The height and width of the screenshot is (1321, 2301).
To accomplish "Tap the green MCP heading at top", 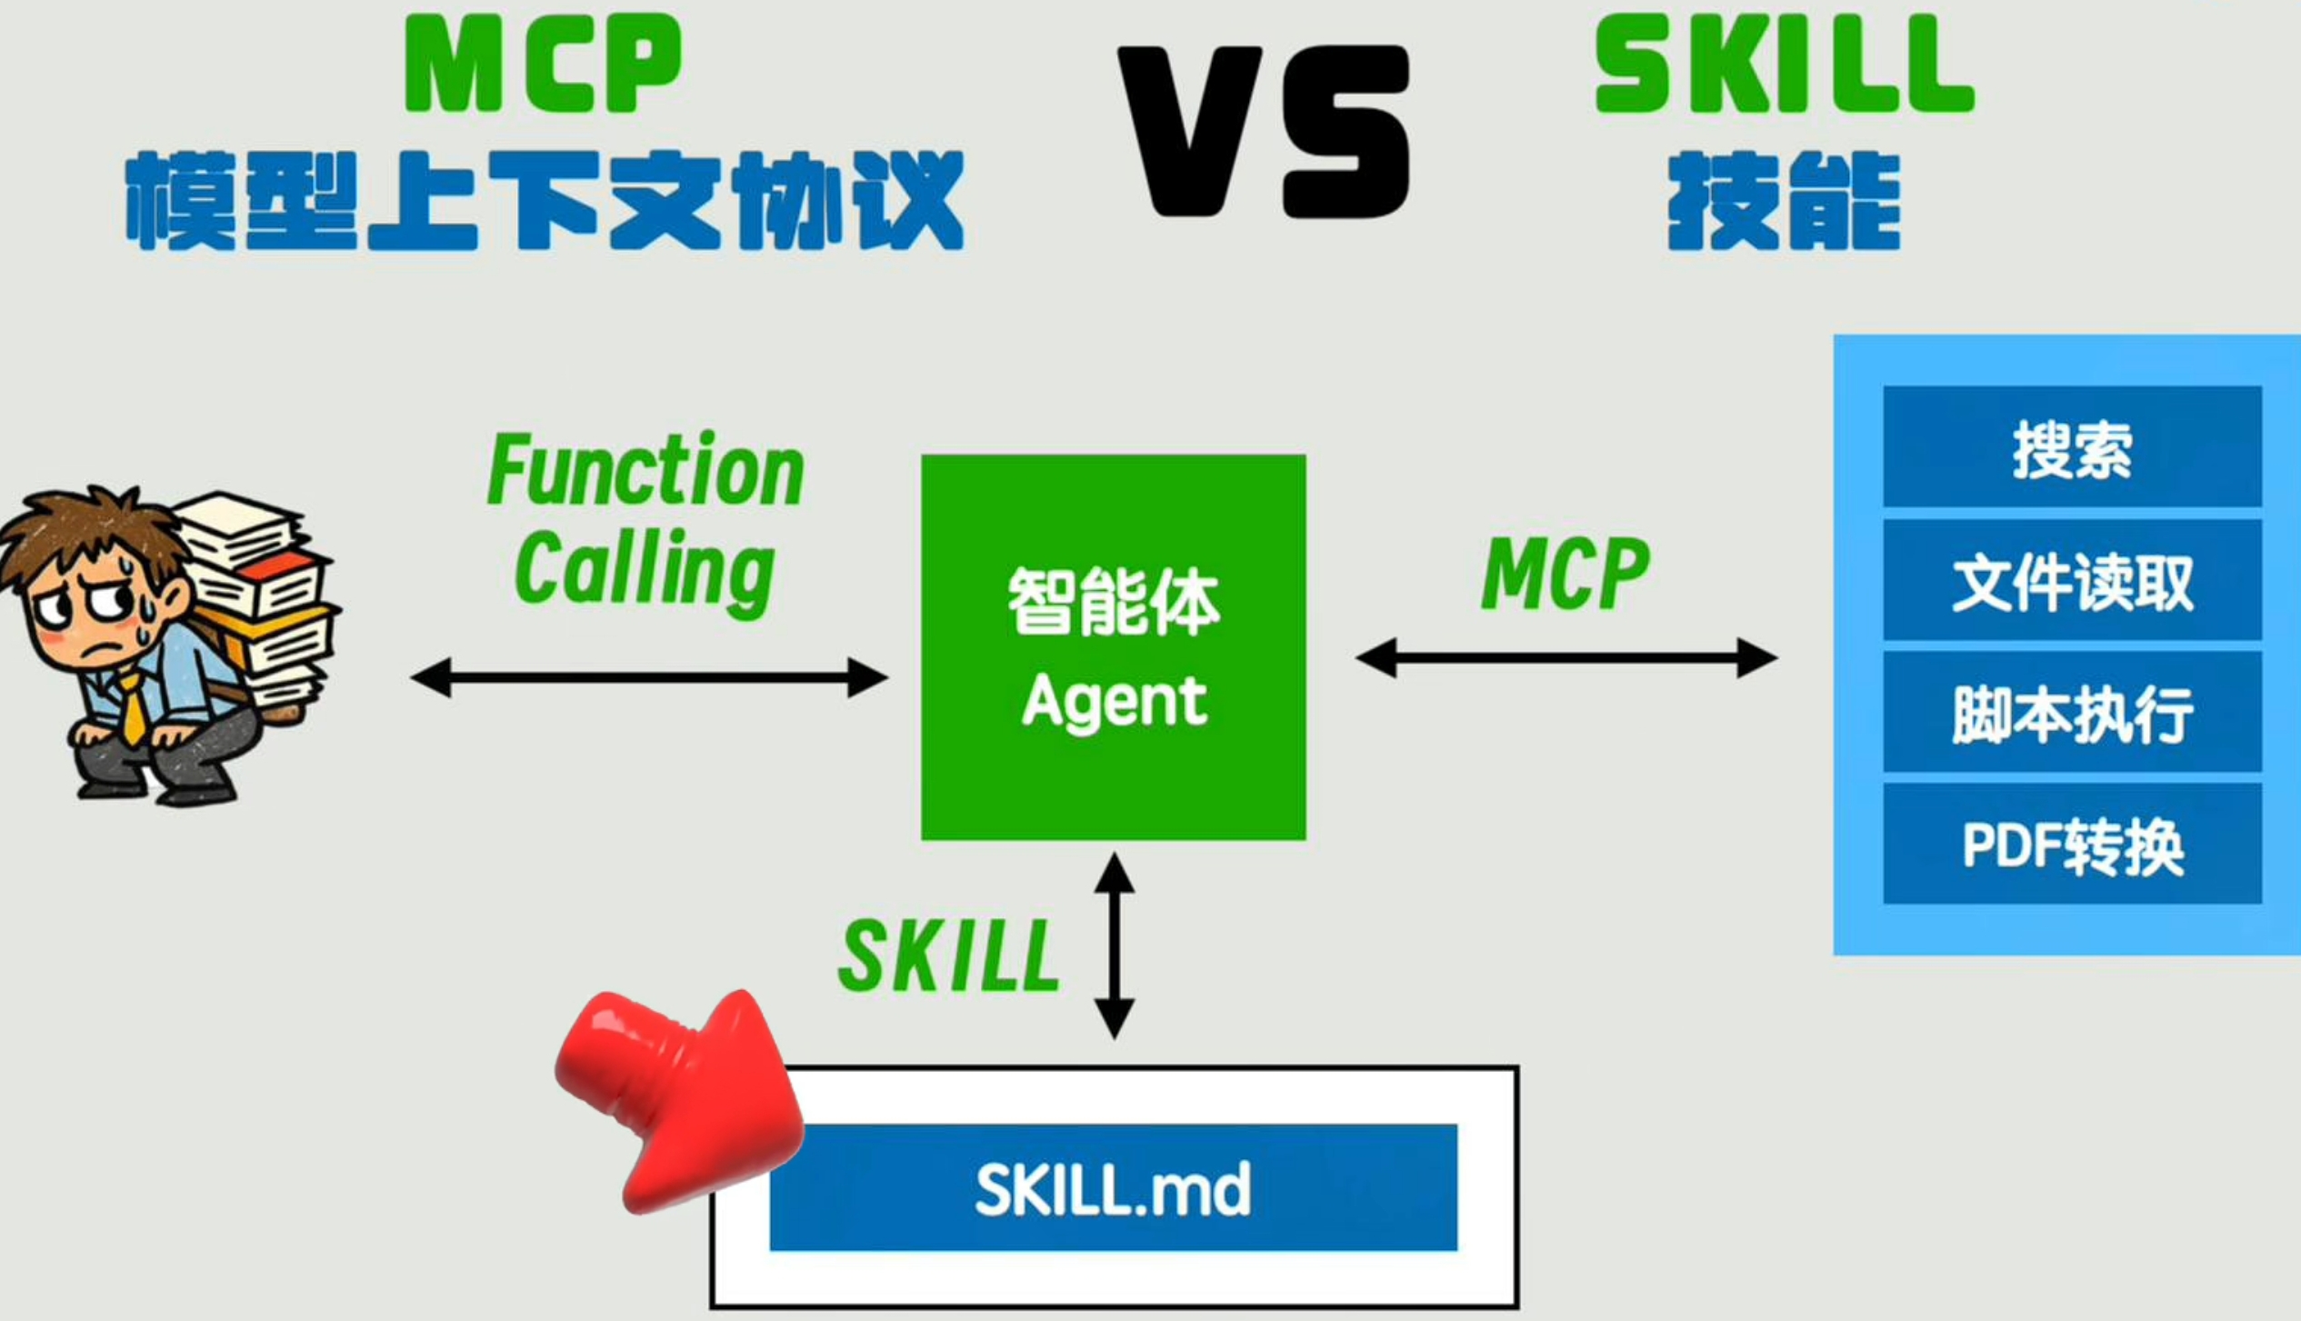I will pos(543,64).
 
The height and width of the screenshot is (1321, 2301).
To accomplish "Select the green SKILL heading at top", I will pos(1784,64).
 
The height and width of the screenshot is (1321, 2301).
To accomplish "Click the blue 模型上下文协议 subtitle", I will pos(544,200).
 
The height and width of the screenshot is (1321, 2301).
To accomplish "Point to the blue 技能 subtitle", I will pos(1784,200).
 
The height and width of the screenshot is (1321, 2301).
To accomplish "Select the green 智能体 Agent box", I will pos(1113,646).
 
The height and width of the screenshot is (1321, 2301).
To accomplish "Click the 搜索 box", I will pos(2072,446).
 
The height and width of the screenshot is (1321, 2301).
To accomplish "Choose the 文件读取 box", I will pos(2072,580).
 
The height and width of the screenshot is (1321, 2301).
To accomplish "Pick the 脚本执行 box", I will pos(2072,712).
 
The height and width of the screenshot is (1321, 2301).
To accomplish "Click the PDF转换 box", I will pos(2072,844).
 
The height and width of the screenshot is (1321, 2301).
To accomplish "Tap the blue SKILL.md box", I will pos(1113,1187).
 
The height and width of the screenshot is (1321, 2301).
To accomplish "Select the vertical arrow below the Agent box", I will pos(1114,946).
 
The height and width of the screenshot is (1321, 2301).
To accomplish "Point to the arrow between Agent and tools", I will pos(1566,657).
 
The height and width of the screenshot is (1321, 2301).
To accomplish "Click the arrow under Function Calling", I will pos(648,677).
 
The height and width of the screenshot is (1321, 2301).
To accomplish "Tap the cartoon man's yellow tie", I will pos(133,709).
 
